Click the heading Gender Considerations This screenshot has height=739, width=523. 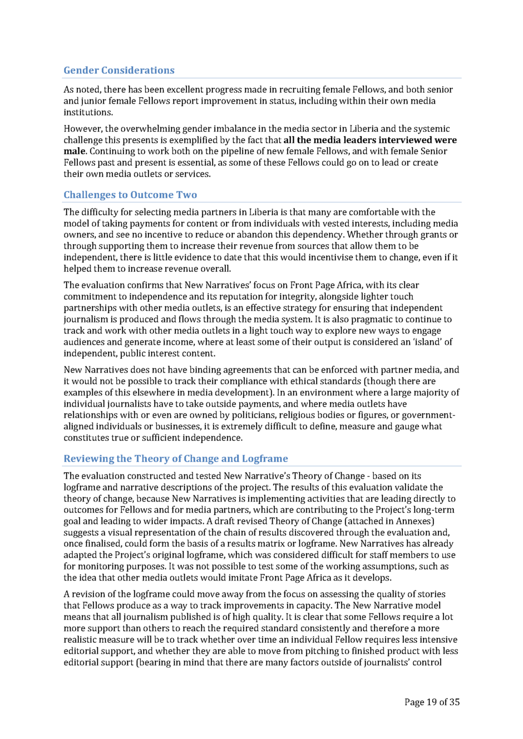coord(119,70)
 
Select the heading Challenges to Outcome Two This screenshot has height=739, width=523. coord(130,195)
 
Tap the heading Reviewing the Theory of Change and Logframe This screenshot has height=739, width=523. coord(175,458)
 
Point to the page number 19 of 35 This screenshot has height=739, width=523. coord(432,702)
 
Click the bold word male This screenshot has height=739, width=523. coord(74,151)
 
